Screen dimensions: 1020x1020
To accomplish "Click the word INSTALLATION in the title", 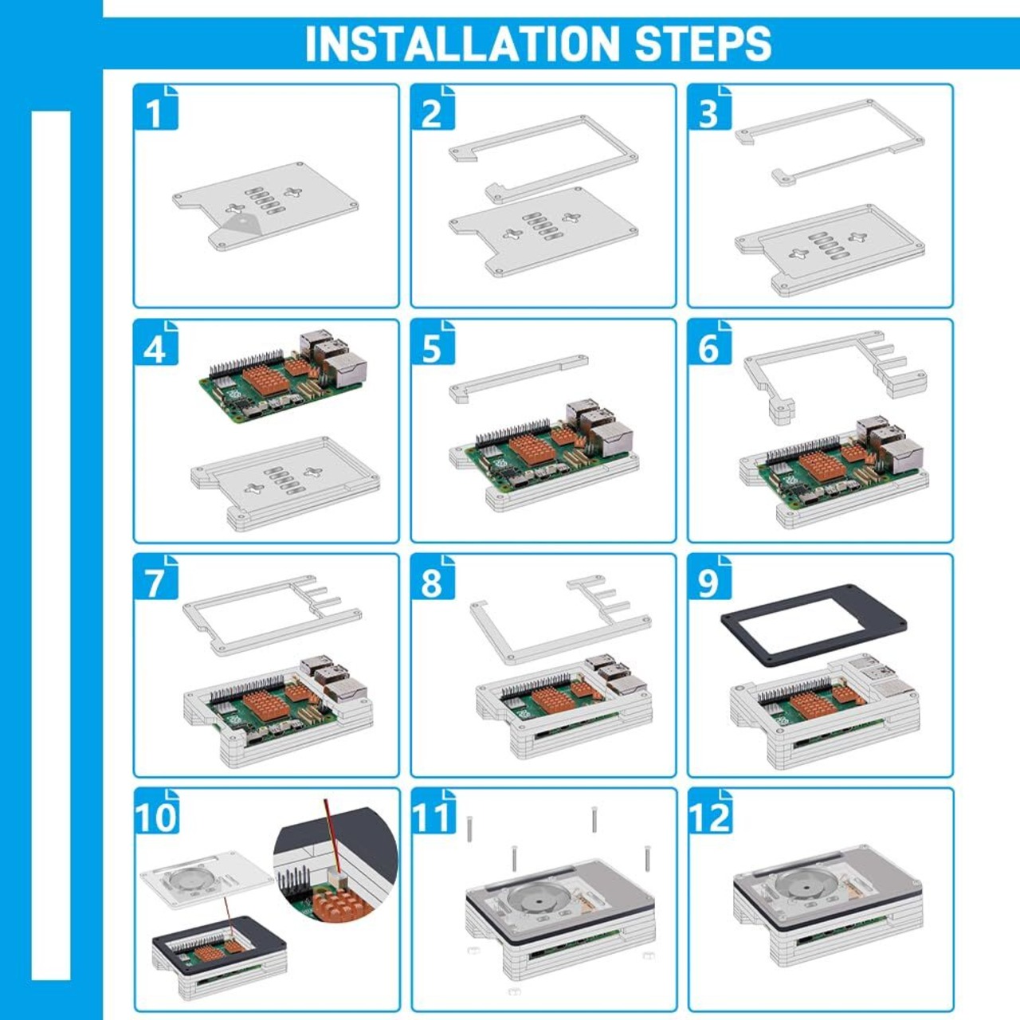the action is coord(461,43).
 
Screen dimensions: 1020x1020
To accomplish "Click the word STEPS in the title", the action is coord(703,43).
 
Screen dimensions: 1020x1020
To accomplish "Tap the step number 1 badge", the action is coord(156,107).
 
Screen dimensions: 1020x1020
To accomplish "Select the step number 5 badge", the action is coord(433,342).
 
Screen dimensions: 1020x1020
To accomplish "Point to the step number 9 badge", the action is coord(710,577).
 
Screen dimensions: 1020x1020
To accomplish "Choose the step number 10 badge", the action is coord(157,811).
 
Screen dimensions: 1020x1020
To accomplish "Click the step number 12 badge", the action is coord(711,811).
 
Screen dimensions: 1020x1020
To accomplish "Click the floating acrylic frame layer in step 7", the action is coord(272,616).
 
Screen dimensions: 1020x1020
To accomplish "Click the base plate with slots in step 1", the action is coord(265,206).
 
